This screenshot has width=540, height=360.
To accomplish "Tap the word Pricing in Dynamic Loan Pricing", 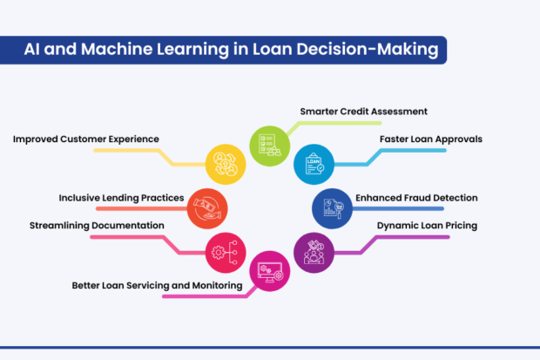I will tap(456, 226).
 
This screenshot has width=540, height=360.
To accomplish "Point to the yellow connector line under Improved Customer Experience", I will tap(131, 151).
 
